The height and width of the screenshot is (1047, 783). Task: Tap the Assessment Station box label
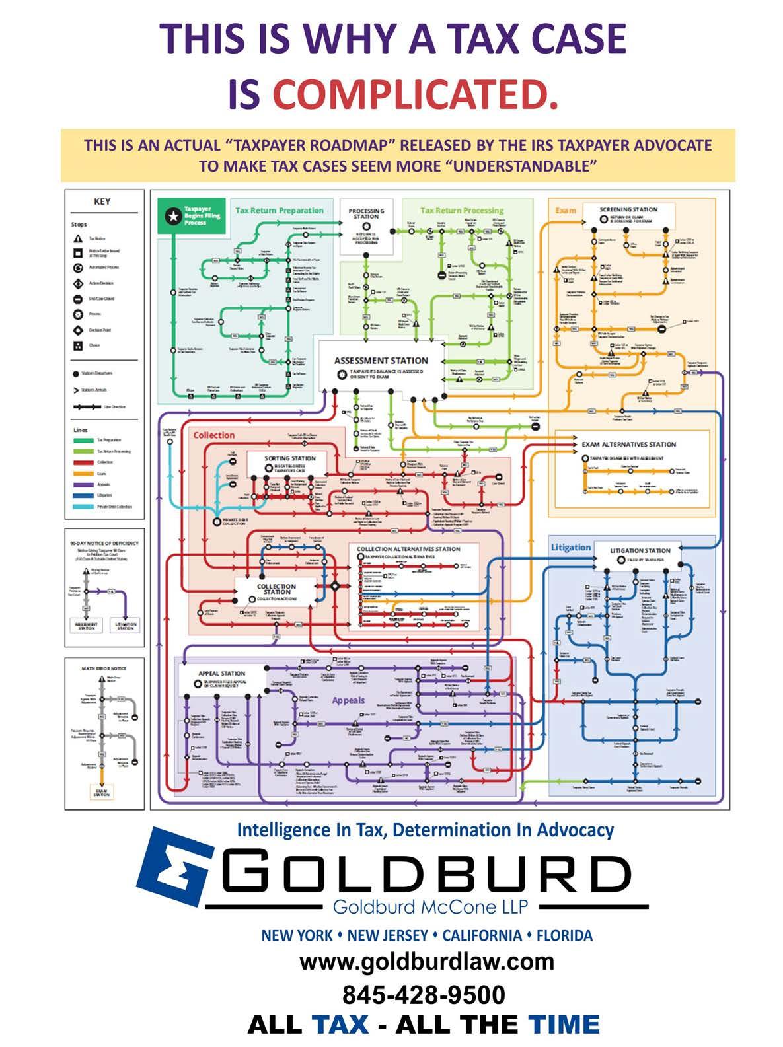381,361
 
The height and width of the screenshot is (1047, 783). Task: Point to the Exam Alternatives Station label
628,445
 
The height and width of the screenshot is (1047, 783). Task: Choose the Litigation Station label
640,550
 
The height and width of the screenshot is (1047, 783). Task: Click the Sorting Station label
290,458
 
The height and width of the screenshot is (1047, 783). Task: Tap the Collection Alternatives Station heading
408,549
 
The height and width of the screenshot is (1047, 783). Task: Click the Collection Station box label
276,589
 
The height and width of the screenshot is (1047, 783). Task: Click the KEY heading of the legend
102,201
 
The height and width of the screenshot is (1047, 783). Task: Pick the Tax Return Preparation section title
280,211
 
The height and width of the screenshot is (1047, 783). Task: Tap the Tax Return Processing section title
462,211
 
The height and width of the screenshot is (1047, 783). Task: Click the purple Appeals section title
348,700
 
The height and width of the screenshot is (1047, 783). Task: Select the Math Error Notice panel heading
104,668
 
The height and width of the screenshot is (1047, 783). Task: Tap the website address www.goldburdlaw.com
426,961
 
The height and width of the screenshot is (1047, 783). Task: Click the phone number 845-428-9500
423,994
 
